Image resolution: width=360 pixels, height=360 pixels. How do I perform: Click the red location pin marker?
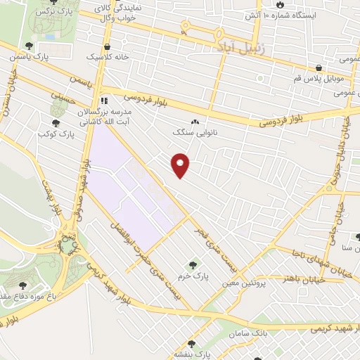[181, 165]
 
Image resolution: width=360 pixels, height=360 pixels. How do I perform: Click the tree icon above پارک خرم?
[193, 265]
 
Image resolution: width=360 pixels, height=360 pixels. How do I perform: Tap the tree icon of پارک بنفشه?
[191, 344]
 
